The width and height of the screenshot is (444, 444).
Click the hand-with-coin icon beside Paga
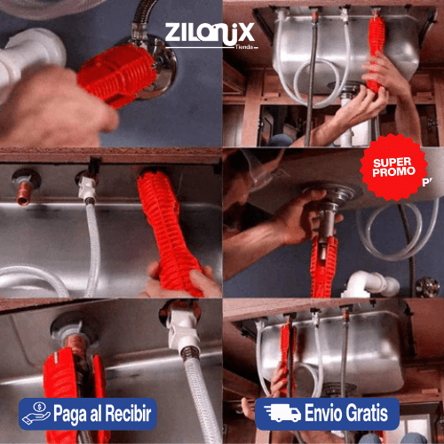tap(35, 414)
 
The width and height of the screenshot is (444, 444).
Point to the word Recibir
tap(127, 414)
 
